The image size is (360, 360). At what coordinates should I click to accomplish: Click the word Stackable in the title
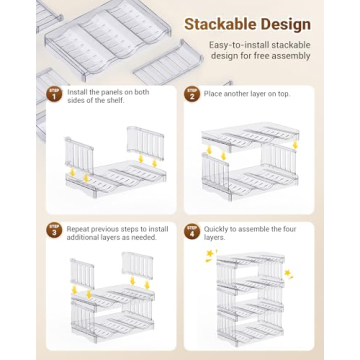pos(220,24)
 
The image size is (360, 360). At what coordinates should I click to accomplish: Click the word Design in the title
pos(285,25)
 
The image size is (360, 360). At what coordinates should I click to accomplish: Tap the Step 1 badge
pos(55,94)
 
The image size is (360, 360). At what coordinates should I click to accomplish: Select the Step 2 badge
pos(192,94)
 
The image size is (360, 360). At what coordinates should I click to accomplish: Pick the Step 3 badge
pos(55,231)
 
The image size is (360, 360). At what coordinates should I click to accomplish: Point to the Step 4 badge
pos(192,231)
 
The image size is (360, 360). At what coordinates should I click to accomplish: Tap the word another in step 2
pos(235,94)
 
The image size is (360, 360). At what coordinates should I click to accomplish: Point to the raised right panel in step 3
pos(137,265)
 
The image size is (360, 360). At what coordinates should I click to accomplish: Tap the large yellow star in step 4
pos(210,254)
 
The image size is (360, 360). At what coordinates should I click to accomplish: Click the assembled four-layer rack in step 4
pos(251,299)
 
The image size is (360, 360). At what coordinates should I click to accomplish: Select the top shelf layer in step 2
pos(250,138)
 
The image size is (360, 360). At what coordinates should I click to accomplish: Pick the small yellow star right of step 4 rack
pos(288,273)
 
